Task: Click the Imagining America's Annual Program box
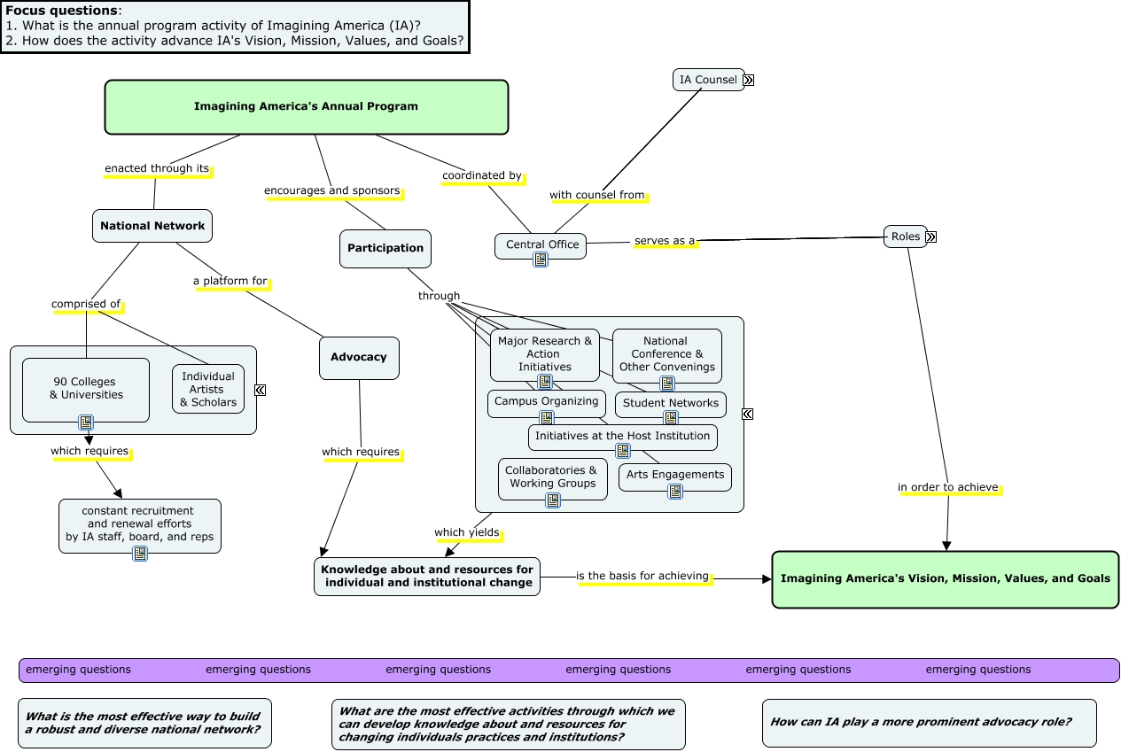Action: (306, 107)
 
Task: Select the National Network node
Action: (152, 226)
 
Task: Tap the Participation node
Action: (385, 249)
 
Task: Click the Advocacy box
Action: (359, 358)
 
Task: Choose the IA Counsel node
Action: (708, 80)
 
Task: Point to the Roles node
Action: (905, 236)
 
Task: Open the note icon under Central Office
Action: (541, 260)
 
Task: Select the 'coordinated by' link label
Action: (482, 175)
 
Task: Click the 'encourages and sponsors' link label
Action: (332, 190)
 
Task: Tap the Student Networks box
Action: (671, 403)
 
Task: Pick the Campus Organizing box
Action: (547, 401)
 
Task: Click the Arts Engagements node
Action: (675, 475)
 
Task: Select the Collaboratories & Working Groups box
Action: (553, 477)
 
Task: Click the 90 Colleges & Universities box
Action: (86, 389)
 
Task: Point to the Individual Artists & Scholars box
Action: (208, 389)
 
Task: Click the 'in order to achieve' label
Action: (948, 487)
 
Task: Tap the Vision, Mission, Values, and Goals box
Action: (945, 579)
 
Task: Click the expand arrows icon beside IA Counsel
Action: (749, 81)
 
